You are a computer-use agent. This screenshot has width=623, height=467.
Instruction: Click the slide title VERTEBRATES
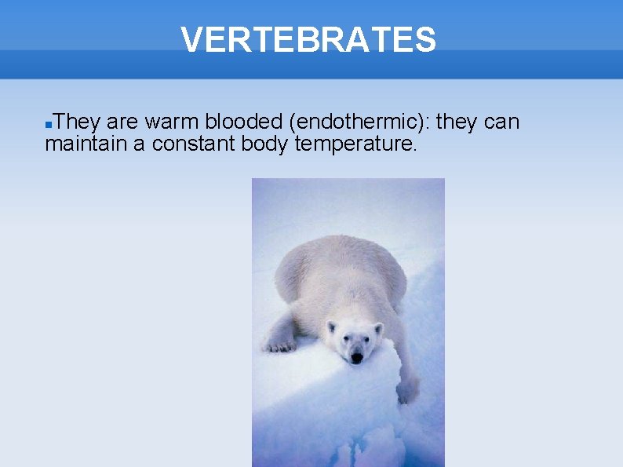(x=308, y=39)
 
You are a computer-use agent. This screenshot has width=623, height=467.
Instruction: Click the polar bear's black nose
(x=356, y=357)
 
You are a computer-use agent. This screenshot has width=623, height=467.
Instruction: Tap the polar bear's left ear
(x=331, y=327)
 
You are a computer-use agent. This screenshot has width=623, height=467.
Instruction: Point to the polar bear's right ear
(x=378, y=327)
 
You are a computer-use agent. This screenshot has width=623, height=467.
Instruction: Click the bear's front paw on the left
(x=279, y=343)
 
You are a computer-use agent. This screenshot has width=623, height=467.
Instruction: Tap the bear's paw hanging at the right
(x=407, y=389)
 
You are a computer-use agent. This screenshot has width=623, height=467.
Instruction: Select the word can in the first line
(x=498, y=122)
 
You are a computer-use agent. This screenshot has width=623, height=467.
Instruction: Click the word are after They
(x=122, y=122)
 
